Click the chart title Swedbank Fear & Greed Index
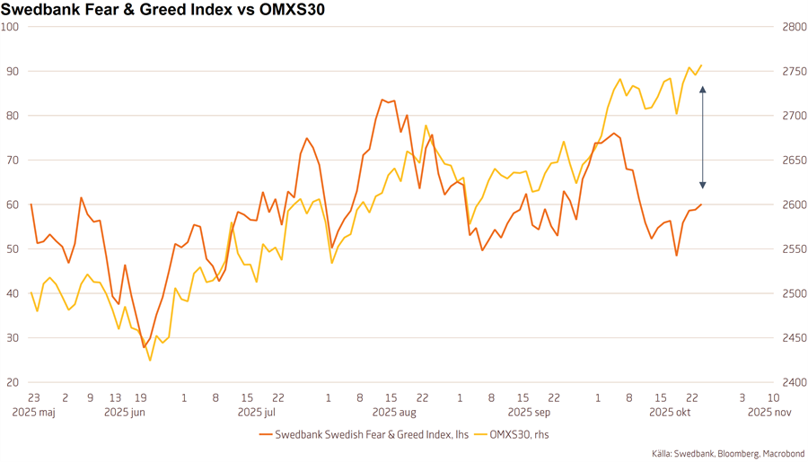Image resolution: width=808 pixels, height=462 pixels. pyautogui.click(x=162, y=11)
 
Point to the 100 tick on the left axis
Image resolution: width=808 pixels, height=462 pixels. pyautogui.click(x=11, y=27)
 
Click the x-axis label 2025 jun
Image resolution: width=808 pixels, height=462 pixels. pyautogui.click(x=125, y=413)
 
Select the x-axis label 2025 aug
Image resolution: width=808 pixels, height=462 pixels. pyautogui.click(x=394, y=413)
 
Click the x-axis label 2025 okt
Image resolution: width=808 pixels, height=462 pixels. pyautogui.click(x=670, y=413)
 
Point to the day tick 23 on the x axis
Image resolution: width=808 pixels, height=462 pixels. pyautogui.click(x=33, y=397)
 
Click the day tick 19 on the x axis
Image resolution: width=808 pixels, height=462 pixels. pyautogui.click(x=140, y=397)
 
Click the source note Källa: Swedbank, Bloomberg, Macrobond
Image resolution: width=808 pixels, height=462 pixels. pyautogui.click(x=728, y=454)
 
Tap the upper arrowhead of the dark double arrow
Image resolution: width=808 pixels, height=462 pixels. pyautogui.click(x=703, y=89)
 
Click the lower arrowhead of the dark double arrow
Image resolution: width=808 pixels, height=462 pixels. pyautogui.click(x=703, y=185)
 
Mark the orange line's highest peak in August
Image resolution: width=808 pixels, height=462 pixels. pyautogui.click(x=382, y=100)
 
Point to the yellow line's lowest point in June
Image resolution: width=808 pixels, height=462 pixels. pyautogui.click(x=150, y=361)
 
